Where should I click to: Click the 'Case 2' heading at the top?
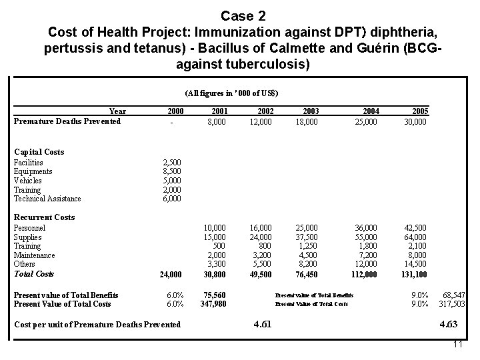241,15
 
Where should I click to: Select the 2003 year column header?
311,111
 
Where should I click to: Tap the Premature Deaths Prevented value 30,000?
415,121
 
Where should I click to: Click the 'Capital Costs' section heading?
39,152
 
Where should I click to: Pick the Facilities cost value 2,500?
173,163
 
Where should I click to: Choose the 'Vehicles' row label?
28,181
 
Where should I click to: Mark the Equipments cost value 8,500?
173,171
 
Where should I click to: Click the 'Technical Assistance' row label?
47,199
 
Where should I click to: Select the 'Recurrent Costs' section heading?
44,217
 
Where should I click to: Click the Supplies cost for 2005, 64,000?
415,237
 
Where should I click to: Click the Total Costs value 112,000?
365,274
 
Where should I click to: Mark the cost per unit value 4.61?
262,325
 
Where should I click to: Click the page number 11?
457,345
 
